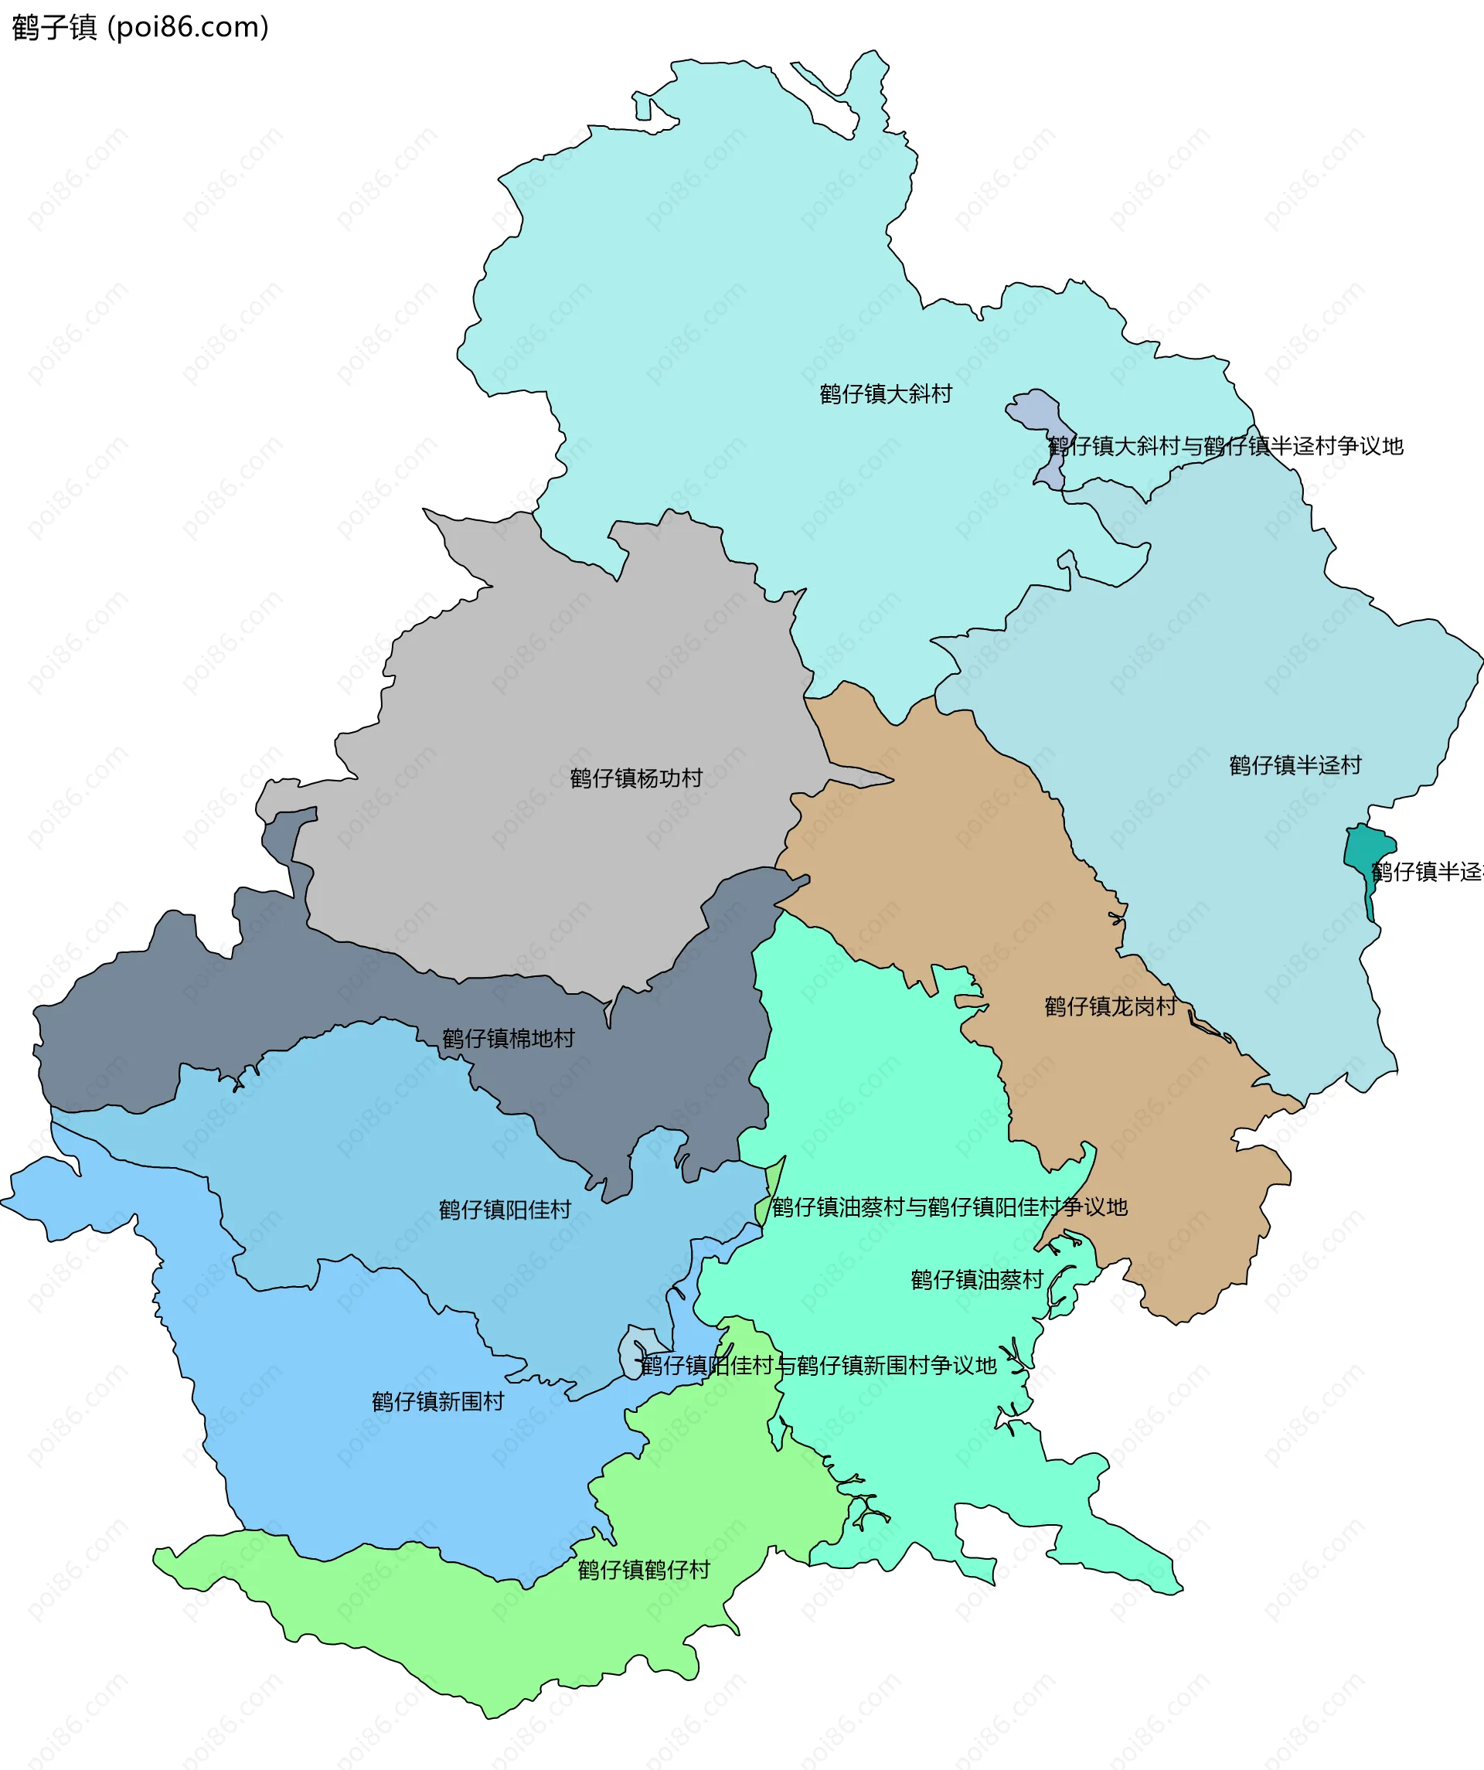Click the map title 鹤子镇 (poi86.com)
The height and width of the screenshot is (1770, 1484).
[140, 27]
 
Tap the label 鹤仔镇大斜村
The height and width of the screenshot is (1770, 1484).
[885, 393]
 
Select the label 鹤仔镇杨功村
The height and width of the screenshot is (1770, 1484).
[635, 778]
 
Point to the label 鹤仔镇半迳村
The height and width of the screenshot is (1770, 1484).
[1295, 765]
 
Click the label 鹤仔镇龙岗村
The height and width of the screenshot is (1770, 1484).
[1110, 1006]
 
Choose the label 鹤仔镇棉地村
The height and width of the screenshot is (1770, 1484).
[508, 1038]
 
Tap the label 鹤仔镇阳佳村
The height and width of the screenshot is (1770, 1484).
[504, 1210]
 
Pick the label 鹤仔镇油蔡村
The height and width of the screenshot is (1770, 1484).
[977, 1280]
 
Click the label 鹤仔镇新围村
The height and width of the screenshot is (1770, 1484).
[437, 1401]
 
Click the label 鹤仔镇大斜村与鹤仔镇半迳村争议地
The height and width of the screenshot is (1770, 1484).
[1224, 446]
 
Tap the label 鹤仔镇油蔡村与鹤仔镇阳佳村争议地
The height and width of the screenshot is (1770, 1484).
[949, 1208]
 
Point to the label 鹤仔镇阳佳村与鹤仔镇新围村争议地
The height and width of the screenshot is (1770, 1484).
[818, 1366]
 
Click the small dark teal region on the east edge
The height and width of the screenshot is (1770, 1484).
[1366, 851]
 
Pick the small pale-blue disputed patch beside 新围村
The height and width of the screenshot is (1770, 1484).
[634, 1353]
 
